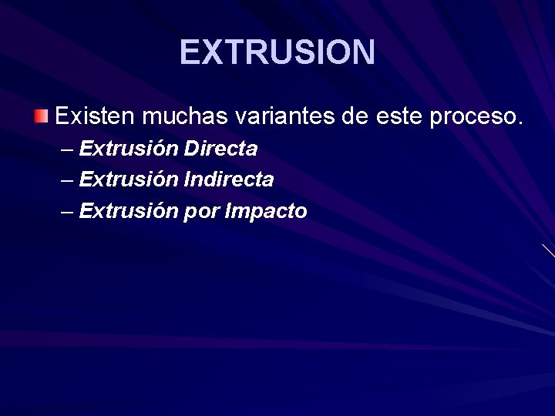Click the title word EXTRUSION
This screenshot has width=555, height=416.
(x=277, y=52)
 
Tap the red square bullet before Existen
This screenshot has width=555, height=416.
(x=40, y=116)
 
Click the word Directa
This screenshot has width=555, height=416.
(x=220, y=148)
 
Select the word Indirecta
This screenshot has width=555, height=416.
(x=229, y=179)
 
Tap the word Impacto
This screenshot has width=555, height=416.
(x=266, y=212)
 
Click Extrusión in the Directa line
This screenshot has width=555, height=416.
(x=129, y=148)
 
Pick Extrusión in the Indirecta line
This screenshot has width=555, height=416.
(x=129, y=179)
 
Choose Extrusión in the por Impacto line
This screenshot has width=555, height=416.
(x=129, y=211)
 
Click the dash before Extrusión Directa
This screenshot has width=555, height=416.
(x=67, y=149)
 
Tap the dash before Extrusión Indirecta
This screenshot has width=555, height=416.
(x=67, y=180)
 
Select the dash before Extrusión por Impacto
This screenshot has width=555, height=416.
(x=67, y=212)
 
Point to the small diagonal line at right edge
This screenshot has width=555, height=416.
(x=548, y=250)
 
